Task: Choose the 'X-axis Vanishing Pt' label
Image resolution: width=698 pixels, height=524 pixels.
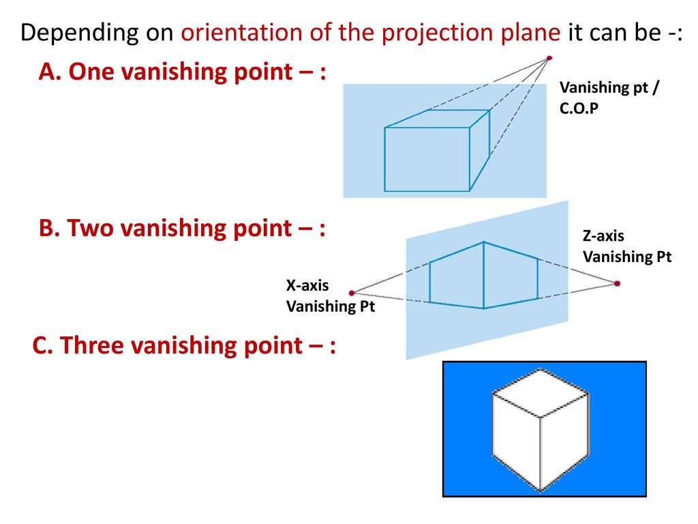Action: pos(331,296)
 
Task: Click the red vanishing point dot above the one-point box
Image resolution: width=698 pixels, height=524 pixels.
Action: pos(549,59)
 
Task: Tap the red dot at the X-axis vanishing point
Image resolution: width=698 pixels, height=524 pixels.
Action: pos(352,292)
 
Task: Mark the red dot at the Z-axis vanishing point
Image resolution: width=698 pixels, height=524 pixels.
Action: pos(617,283)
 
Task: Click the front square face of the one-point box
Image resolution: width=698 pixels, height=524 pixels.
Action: pos(427,159)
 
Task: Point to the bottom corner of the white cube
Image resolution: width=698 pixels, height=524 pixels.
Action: pos(541,491)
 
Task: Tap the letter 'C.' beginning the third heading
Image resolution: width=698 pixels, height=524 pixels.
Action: pos(42,346)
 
